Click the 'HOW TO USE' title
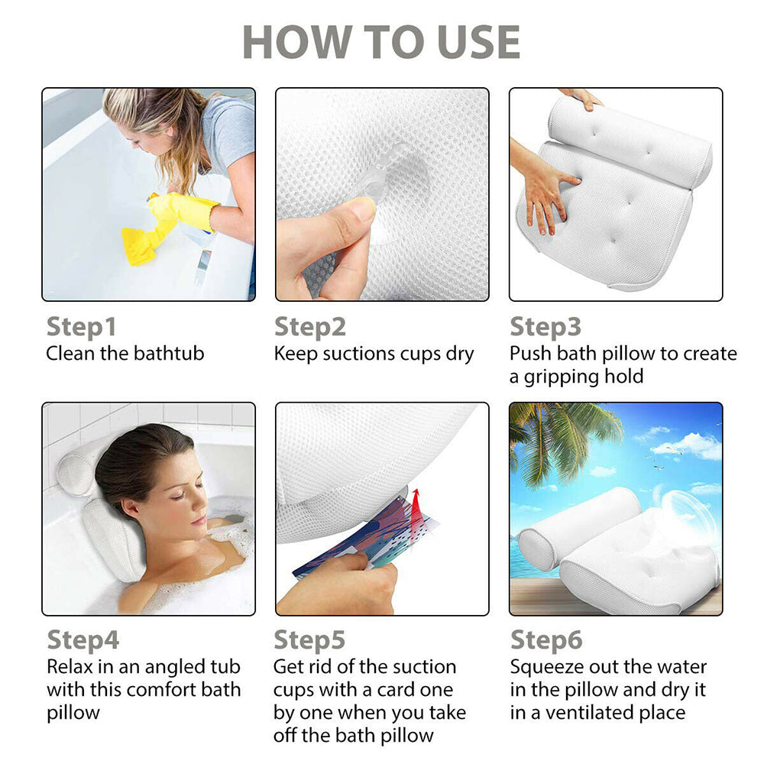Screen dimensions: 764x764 click(381, 42)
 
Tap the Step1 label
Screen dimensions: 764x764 click(81, 327)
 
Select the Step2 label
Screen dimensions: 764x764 click(310, 327)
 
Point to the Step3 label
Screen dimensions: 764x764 click(545, 327)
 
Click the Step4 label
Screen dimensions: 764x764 click(83, 640)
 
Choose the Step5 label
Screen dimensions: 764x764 click(309, 640)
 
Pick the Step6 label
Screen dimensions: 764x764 click(546, 640)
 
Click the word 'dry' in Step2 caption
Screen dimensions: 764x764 click(458, 354)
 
